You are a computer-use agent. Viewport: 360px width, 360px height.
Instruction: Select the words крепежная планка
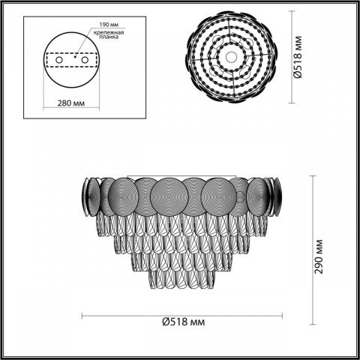click(x=109, y=37)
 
